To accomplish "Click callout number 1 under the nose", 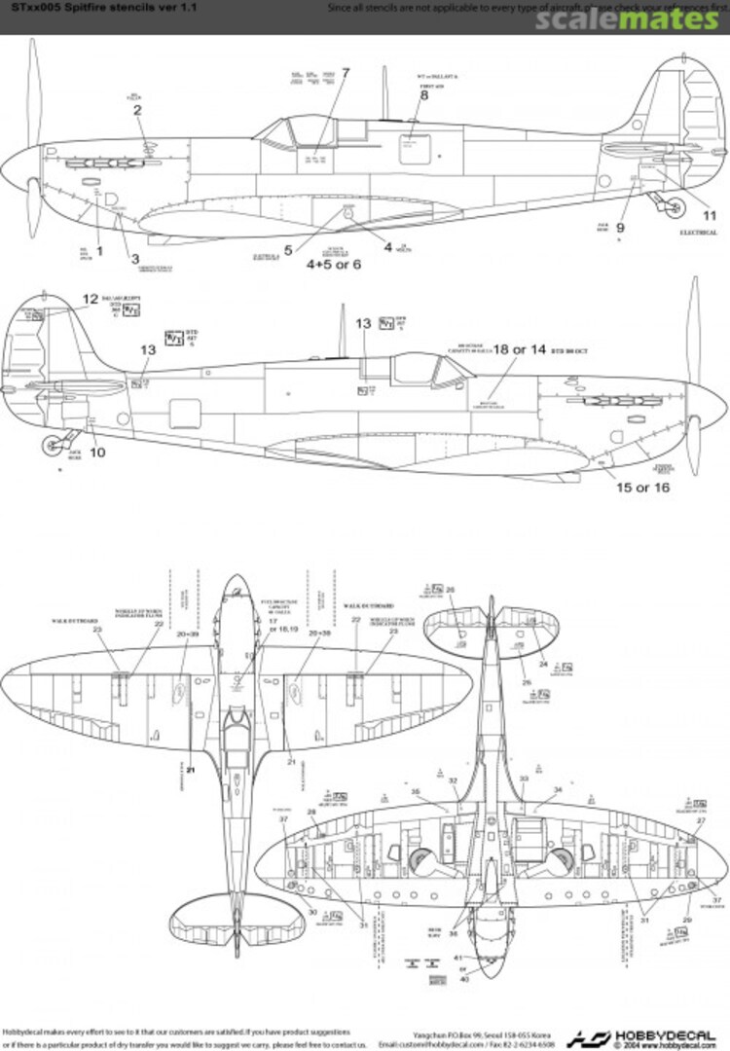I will point(98,251).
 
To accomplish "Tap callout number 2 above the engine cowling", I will point(137,110).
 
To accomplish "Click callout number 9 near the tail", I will point(620,228).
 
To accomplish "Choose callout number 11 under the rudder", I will point(708,215).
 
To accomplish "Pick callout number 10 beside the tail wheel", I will point(96,452).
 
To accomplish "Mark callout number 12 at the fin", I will point(91,300).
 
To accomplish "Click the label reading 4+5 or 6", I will point(334,264).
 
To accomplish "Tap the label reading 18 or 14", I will point(519,348).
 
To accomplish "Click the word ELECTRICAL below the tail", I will point(698,233).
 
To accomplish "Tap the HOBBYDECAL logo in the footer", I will point(642,1037).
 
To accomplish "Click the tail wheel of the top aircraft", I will point(672,204).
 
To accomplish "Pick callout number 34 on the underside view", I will point(558,789).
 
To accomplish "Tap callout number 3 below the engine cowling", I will point(134,258).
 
